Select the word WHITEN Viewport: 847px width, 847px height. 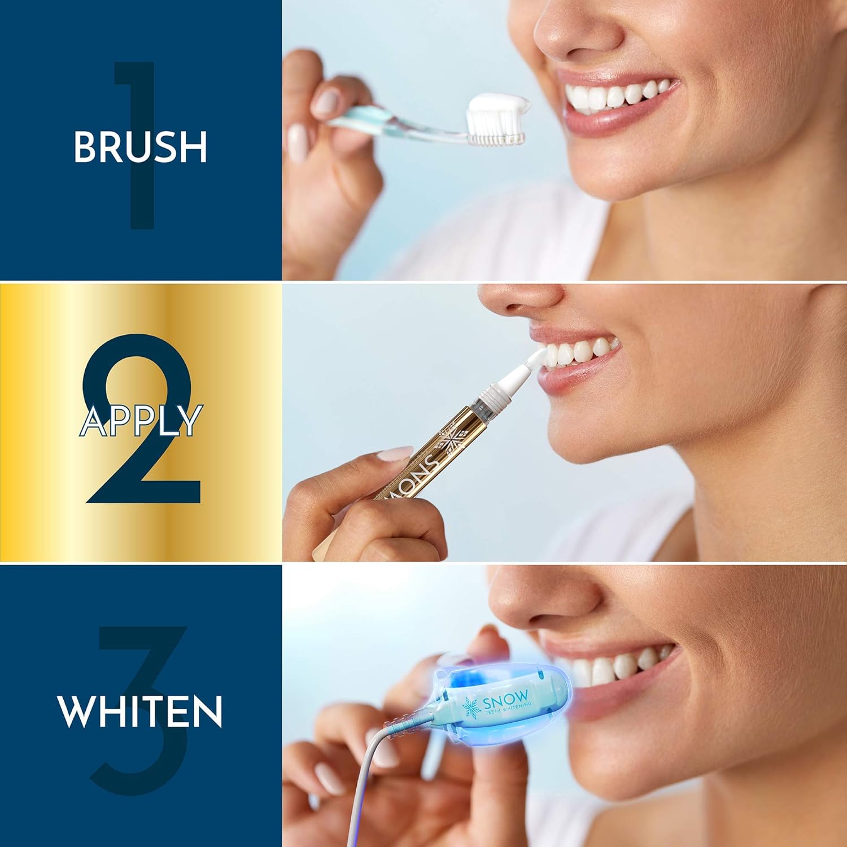pyautogui.click(x=140, y=711)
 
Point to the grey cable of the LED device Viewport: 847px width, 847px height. pyautogui.click(x=361, y=791)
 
